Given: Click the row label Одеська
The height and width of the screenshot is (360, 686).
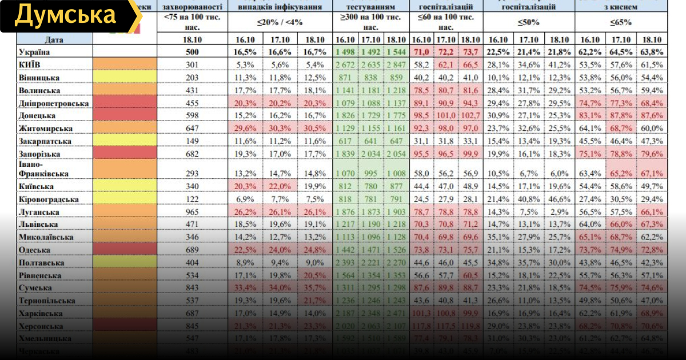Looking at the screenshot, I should point(38,250).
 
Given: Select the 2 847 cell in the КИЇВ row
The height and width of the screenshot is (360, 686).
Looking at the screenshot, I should point(396,65).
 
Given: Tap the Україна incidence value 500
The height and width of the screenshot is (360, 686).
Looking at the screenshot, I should point(192,53).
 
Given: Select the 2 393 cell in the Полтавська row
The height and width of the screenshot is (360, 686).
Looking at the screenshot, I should point(345,263).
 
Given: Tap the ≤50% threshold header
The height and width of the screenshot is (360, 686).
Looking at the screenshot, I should point(529,23).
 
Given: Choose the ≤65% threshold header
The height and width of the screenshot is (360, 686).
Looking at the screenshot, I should point(620,23).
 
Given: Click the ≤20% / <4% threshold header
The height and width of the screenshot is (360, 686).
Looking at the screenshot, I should point(280,23).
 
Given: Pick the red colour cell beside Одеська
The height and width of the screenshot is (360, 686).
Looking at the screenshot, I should point(124,250).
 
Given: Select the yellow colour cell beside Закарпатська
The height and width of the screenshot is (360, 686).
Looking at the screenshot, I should point(124,141).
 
